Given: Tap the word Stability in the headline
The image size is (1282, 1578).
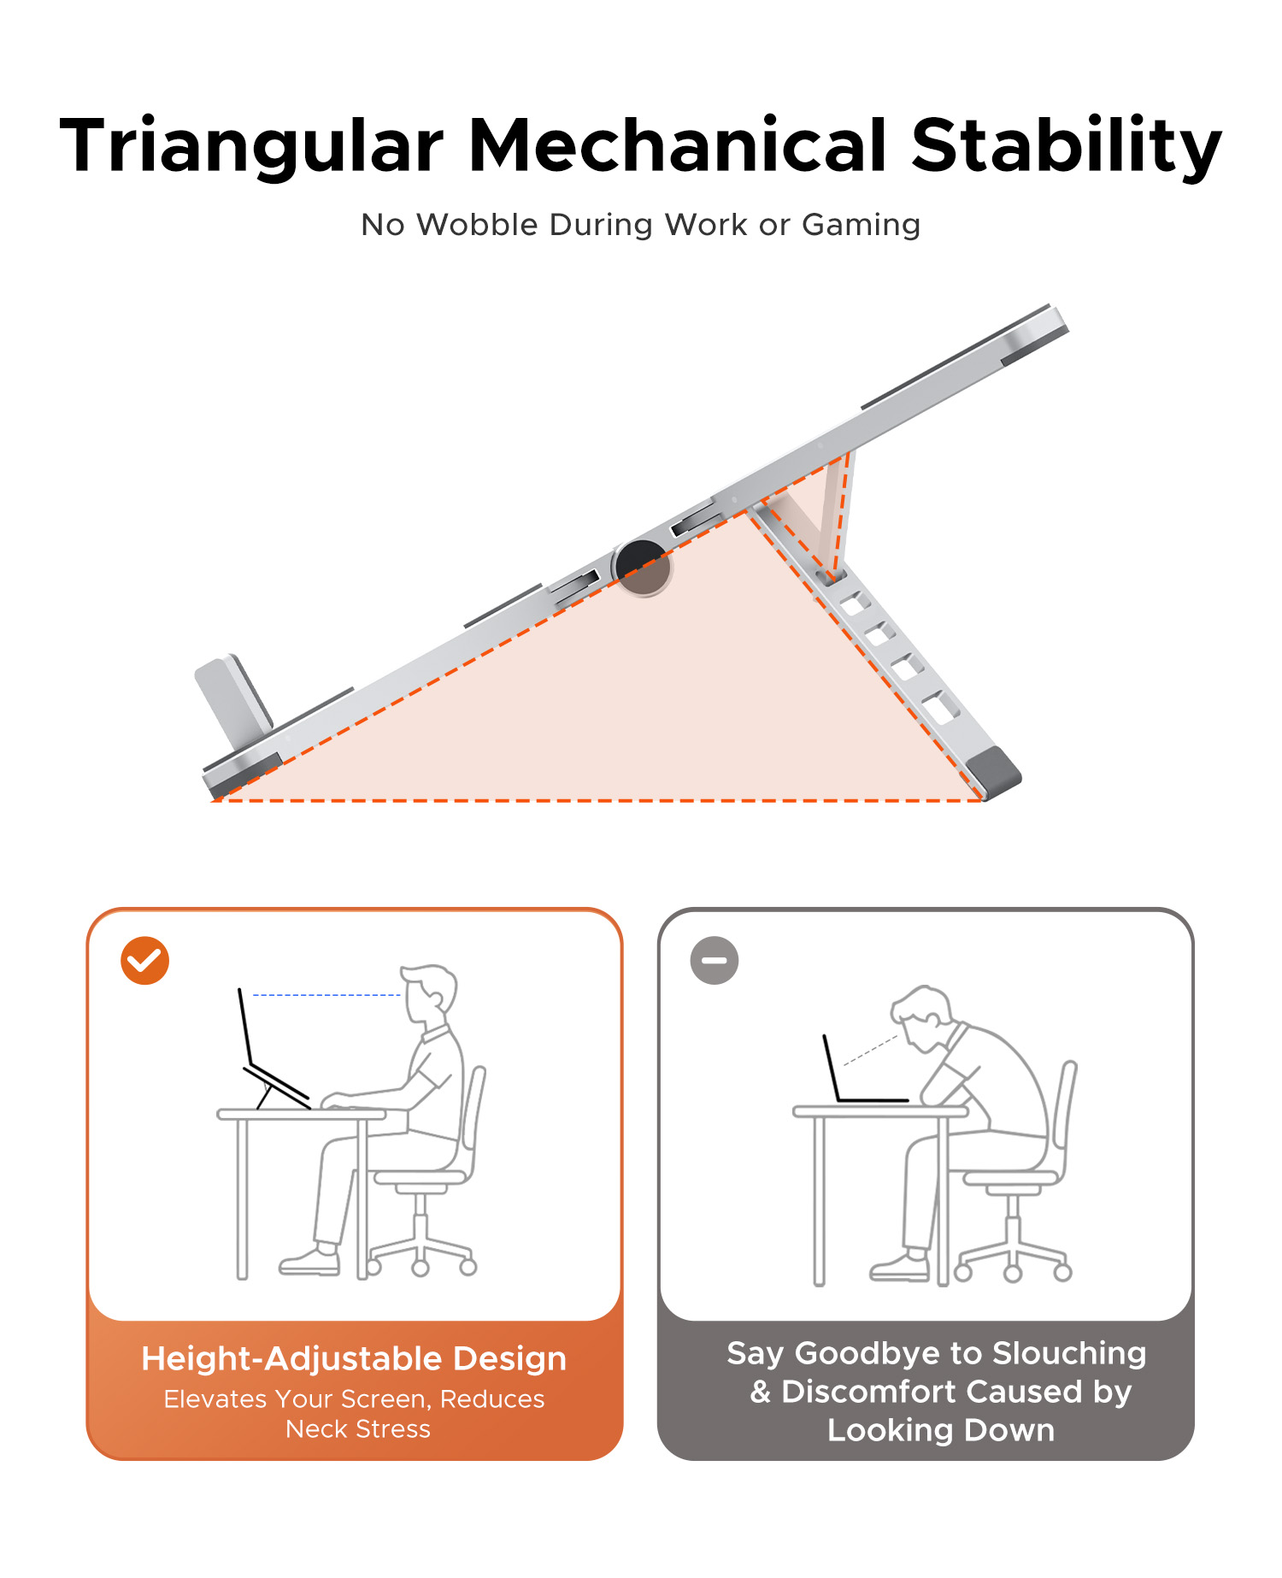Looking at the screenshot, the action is click(1067, 145).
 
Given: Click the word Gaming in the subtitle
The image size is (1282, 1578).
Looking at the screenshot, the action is click(861, 226).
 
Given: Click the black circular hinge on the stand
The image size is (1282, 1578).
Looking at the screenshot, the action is click(642, 568).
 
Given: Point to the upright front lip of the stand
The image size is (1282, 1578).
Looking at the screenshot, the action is click(233, 698).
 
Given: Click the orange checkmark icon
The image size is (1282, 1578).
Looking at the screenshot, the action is click(144, 961).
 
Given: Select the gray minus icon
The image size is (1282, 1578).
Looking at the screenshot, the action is click(715, 961).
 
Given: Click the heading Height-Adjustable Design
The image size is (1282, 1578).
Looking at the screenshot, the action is click(354, 1358).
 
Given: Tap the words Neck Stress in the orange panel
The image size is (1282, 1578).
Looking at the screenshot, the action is click(358, 1429).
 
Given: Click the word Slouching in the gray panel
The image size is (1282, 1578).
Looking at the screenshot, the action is click(1069, 1354).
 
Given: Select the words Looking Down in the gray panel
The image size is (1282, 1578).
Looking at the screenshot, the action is click(941, 1430).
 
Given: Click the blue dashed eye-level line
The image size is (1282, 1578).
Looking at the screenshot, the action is click(327, 995).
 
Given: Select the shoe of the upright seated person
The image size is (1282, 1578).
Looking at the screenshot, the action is click(310, 1262).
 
